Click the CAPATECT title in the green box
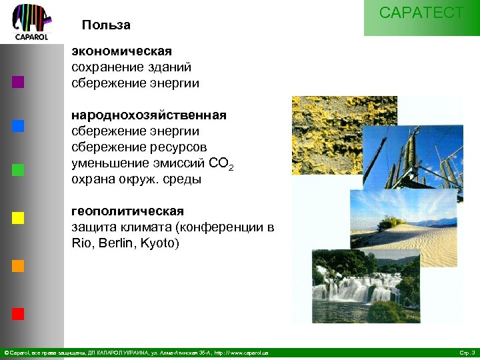click(421, 13)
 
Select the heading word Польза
click(106, 25)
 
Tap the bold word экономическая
click(121, 51)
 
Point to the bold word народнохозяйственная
click(149, 116)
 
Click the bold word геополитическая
click(127, 211)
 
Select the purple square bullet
click(18, 83)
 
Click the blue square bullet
click(18, 126)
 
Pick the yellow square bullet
click(18, 217)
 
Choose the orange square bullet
click(18, 265)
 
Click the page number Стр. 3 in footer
click(467, 352)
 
